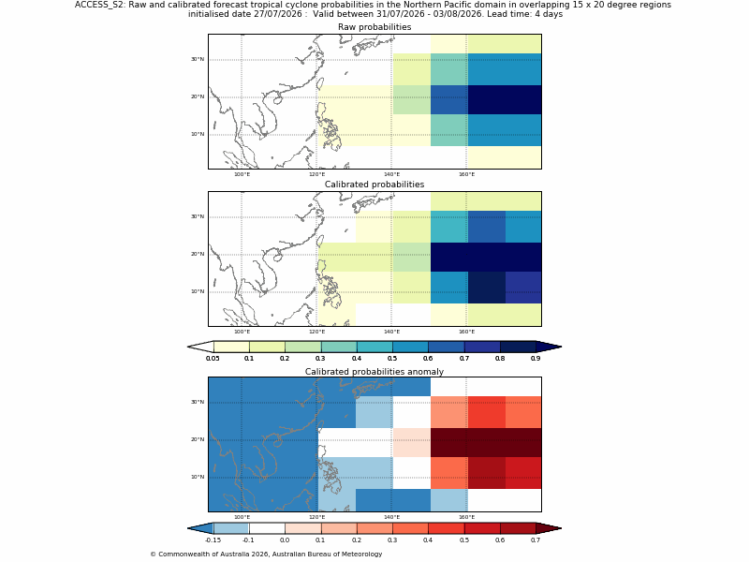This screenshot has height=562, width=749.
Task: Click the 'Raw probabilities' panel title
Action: pyautogui.click(x=374, y=27)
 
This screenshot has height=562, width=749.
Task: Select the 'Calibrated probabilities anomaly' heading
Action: pyautogui.click(x=374, y=372)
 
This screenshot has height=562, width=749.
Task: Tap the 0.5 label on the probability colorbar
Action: pyautogui.click(x=392, y=359)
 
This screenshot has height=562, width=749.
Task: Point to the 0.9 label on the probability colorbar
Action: pyautogui.click(x=536, y=359)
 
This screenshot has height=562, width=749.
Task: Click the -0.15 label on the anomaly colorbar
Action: pyautogui.click(x=213, y=540)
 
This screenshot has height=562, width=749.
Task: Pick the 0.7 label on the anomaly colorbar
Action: pyautogui.click(x=536, y=540)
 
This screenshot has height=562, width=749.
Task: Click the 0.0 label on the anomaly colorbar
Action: pyautogui.click(x=285, y=540)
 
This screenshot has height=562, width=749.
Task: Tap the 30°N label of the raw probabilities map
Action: pyautogui.click(x=198, y=59)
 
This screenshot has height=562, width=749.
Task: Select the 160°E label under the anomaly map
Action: pyautogui.click(x=466, y=517)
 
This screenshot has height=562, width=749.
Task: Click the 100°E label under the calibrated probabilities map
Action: pyautogui.click(x=242, y=332)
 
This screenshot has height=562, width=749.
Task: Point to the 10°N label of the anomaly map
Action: pyautogui.click(x=198, y=477)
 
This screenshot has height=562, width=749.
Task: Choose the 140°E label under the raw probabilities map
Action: pyautogui.click(x=391, y=174)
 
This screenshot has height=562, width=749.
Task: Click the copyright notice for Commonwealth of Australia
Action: pyautogui.click(x=266, y=555)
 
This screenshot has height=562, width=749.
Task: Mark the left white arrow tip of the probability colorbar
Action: pyautogui.click(x=188, y=347)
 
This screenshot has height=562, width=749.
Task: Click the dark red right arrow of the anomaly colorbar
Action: pyautogui.click(x=549, y=528)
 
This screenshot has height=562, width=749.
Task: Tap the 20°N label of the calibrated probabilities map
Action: pyautogui.click(x=198, y=254)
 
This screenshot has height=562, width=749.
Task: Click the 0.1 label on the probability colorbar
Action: pyautogui.click(x=249, y=359)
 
